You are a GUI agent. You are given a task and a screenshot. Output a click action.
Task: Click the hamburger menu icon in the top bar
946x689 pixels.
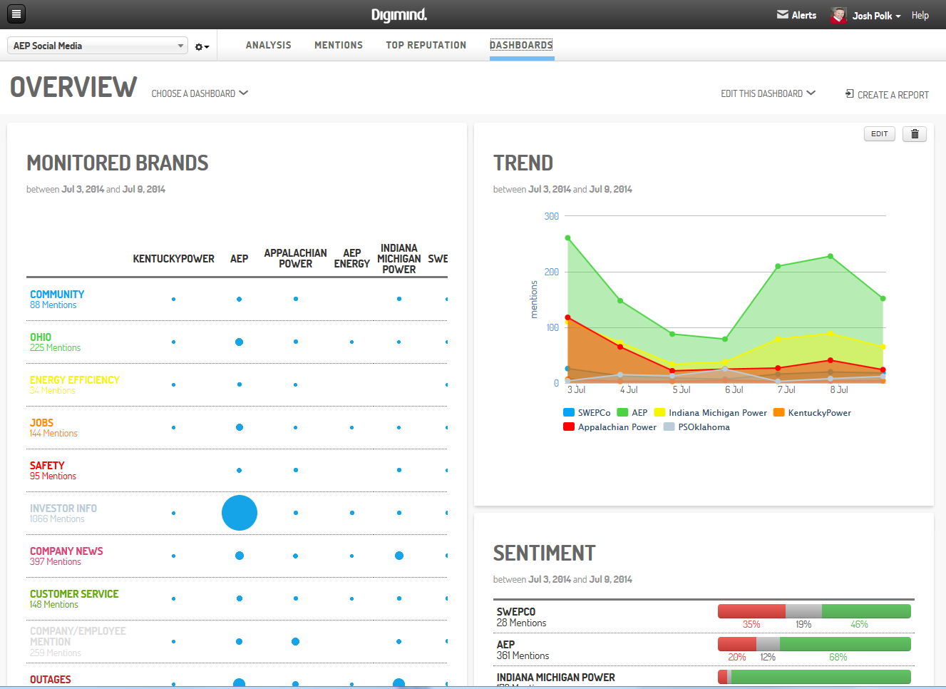pos(16,14)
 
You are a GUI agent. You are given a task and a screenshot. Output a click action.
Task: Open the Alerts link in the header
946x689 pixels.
pos(797,15)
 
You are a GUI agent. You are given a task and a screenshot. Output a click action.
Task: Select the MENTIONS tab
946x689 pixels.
pos(339,45)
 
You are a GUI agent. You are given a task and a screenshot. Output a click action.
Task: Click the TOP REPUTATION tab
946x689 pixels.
pos(426,45)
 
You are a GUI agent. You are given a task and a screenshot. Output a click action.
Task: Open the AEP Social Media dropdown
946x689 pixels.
pos(98,46)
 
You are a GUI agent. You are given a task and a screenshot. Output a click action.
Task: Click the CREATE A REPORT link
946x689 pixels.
pos(887,94)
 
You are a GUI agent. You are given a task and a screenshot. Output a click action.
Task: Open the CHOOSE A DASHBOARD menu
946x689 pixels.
pos(200,93)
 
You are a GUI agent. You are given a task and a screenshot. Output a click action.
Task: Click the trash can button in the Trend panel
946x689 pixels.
pos(915,134)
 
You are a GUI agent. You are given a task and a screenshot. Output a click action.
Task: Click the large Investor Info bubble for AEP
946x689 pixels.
pos(240,513)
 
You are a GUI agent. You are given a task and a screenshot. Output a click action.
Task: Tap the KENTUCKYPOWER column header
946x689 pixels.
pos(173,259)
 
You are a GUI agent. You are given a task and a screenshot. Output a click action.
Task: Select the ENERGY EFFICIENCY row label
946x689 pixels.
pos(74,380)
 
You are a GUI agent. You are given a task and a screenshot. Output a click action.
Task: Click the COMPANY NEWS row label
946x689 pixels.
pos(66,551)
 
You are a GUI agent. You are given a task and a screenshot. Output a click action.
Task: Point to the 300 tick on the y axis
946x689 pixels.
pos(551,216)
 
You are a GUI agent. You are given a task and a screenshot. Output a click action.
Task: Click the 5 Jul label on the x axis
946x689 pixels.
pos(681,390)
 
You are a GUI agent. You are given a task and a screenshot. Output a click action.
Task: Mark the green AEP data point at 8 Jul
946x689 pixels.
pos(831,256)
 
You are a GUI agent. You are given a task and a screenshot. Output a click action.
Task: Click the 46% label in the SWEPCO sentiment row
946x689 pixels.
pos(859,624)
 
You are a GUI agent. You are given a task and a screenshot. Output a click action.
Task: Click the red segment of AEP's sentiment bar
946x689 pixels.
pos(736,644)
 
